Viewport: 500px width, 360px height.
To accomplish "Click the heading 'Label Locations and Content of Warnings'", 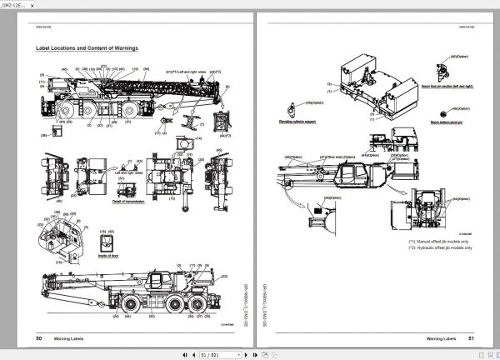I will pyautogui.click(x=87, y=49).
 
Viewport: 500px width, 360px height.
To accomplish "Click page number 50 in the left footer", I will pyautogui.click(x=39, y=338).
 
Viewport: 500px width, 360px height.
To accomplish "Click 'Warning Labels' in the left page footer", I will pyautogui.click(x=74, y=338).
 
